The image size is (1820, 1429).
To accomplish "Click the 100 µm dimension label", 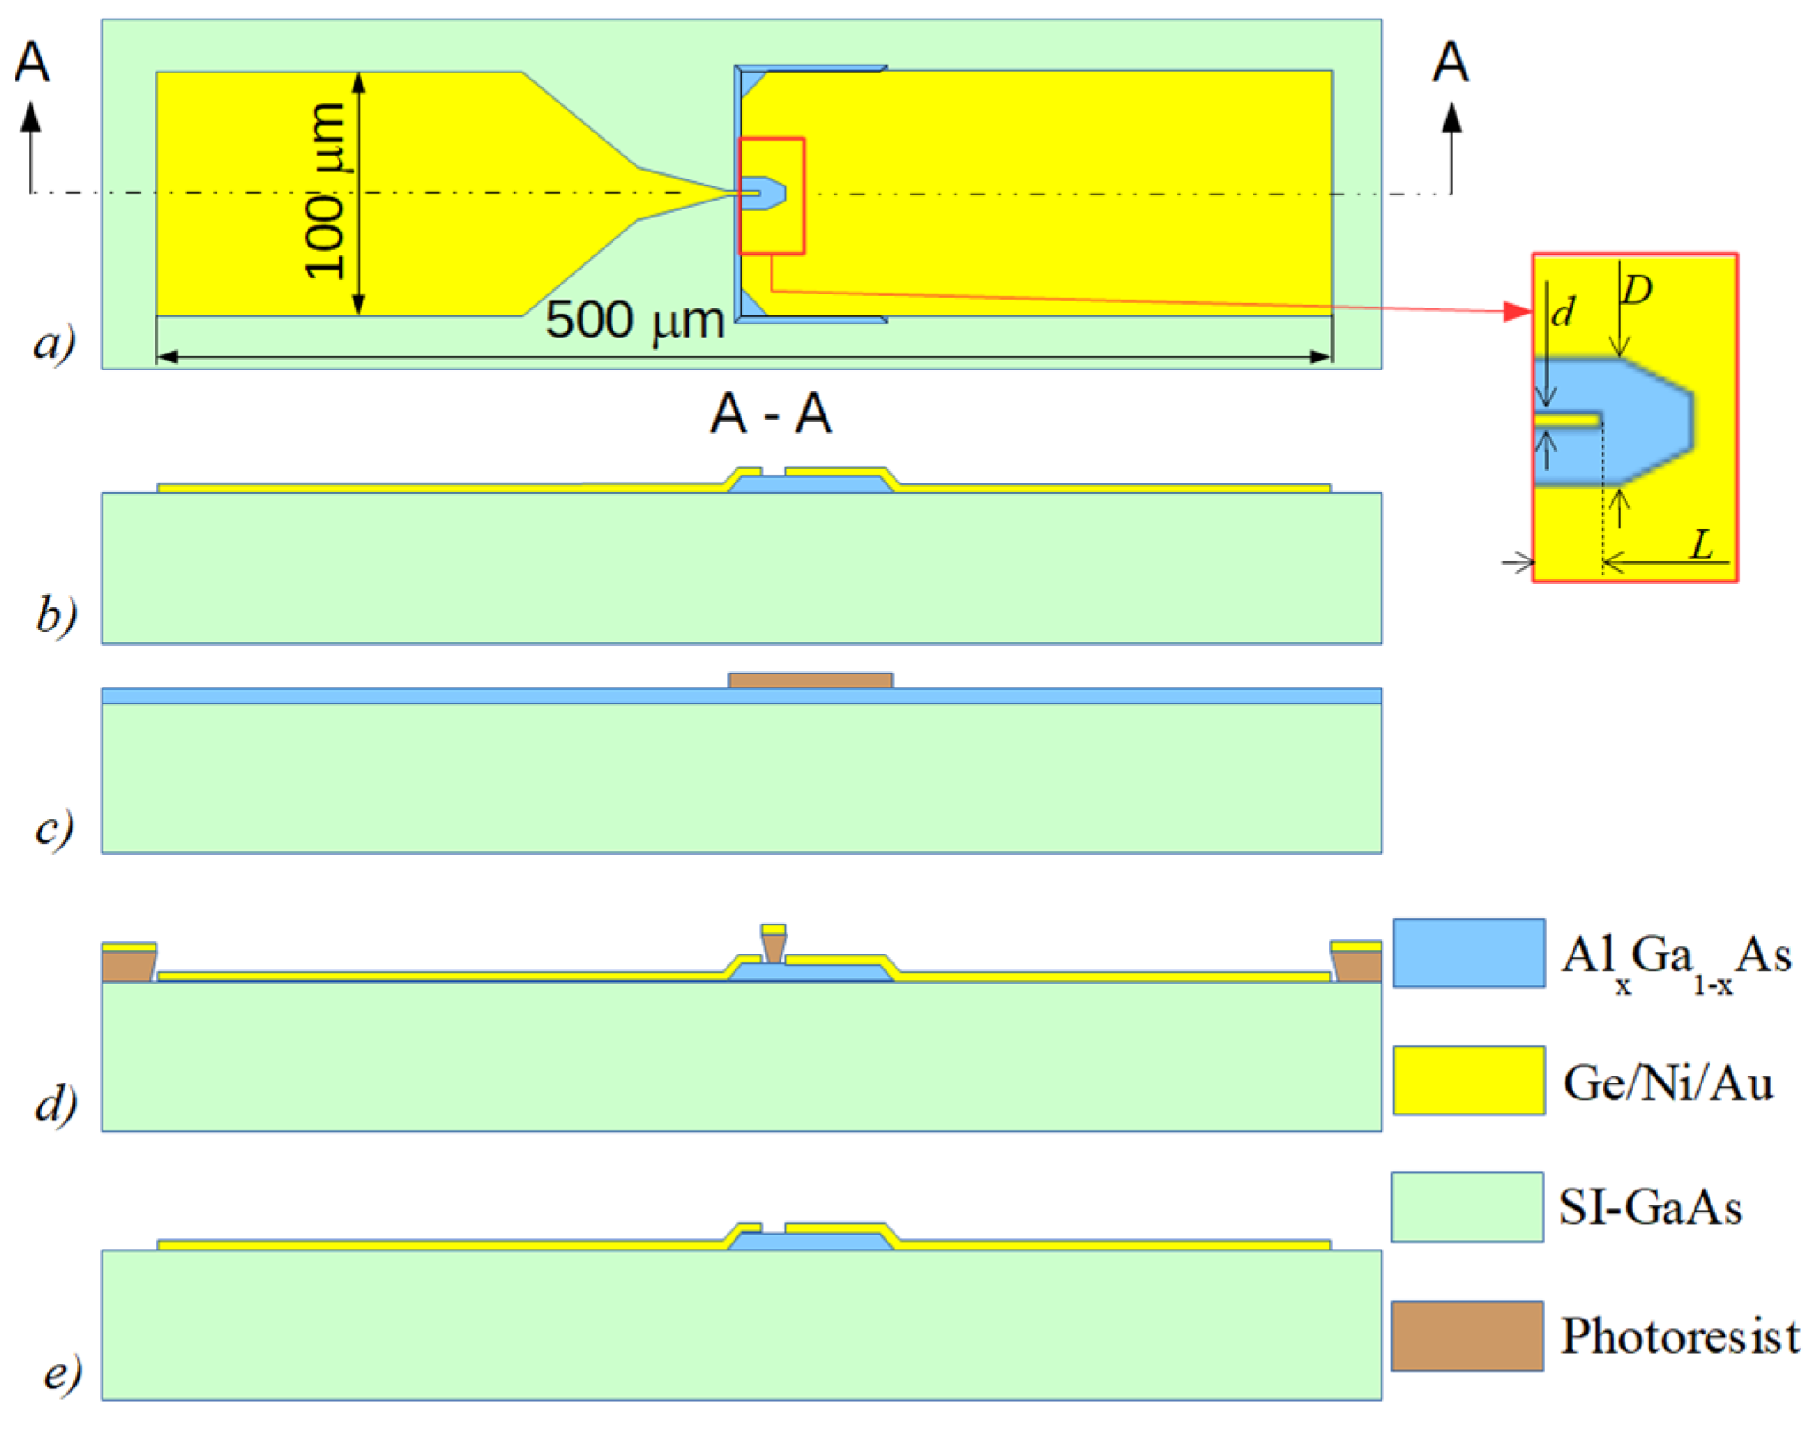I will (x=324, y=191).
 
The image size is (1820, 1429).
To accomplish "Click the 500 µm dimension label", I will (x=634, y=320).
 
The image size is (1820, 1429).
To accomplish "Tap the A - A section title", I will (x=770, y=414).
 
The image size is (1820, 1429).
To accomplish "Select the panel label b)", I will (x=56, y=614).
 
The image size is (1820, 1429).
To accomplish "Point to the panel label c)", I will (x=54, y=828).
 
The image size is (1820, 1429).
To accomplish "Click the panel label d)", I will (x=56, y=1103).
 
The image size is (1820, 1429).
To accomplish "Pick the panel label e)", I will (x=62, y=1372).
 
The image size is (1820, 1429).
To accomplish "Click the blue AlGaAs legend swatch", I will (x=1468, y=953).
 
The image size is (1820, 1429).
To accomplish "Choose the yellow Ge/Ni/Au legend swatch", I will (x=1468, y=1080).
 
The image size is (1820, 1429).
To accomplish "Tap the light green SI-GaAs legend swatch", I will (x=1467, y=1207).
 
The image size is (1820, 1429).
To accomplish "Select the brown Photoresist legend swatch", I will (x=1467, y=1335).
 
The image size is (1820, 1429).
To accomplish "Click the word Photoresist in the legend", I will (x=1679, y=1335).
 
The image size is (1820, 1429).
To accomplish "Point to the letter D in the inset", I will (x=1637, y=290).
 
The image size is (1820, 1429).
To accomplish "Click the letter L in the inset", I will (x=1702, y=544).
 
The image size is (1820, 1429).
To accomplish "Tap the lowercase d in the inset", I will (x=1563, y=312).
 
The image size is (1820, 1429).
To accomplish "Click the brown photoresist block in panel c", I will (x=810, y=680).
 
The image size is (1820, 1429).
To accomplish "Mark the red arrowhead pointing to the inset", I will (x=1518, y=311).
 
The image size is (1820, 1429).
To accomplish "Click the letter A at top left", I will (x=32, y=62).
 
